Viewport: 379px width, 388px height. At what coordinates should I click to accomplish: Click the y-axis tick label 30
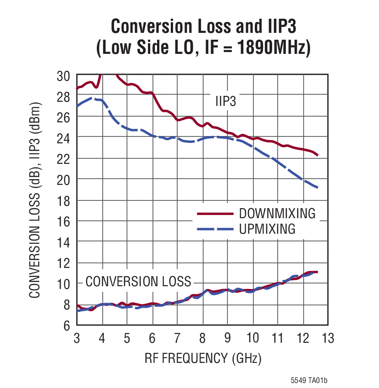click(x=63, y=75)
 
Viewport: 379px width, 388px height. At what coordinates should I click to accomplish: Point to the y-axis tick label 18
click(x=63, y=200)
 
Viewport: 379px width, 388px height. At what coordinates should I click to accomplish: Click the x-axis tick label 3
click(x=77, y=339)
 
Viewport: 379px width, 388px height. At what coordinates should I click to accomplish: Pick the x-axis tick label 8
click(x=202, y=339)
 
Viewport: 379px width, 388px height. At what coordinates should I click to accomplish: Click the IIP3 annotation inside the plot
click(x=226, y=101)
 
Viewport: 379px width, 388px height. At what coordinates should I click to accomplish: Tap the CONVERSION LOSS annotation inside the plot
click(x=138, y=281)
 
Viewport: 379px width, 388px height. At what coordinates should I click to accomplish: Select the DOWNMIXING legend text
click(x=277, y=213)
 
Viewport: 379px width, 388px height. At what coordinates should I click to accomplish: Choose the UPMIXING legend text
click(x=267, y=229)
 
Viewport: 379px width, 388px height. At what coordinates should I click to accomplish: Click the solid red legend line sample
click(x=215, y=214)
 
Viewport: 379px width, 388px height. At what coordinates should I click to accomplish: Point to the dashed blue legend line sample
click(x=215, y=229)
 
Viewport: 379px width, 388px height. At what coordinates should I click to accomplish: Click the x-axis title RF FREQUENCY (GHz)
click(x=203, y=358)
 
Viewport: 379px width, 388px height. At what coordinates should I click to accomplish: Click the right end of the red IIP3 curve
click(x=317, y=155)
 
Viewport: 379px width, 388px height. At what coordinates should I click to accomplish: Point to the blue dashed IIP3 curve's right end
click(x=317, y=188)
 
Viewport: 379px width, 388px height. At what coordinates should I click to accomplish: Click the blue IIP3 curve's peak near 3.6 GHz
click(x=92, y=98)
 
